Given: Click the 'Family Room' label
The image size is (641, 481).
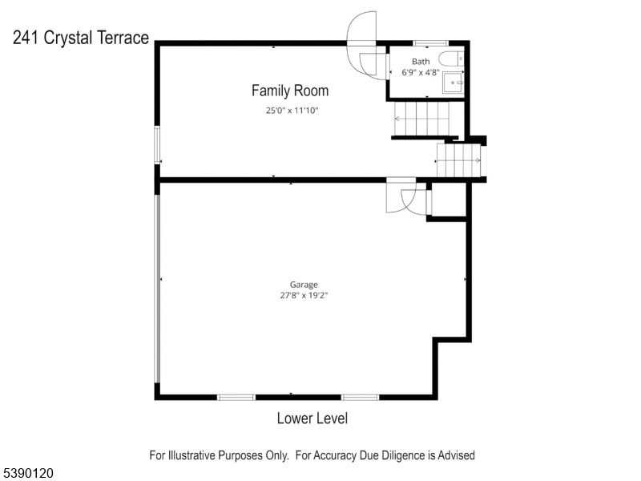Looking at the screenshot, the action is click(x=290, y=91).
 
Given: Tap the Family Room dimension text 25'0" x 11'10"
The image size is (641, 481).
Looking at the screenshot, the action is click(x=292, y=111).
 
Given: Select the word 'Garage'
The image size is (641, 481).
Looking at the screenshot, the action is click(x=304, y=285).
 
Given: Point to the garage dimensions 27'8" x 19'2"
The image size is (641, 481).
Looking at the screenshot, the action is click(x=304, y=295).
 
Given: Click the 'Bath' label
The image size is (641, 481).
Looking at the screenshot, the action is click(x=421, y=62).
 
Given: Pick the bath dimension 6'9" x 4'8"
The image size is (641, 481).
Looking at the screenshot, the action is click(x=421, y=73).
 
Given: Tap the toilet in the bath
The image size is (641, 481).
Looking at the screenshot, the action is click(x=451, y=59).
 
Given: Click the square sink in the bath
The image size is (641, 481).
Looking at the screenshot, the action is click(x=454, y=83).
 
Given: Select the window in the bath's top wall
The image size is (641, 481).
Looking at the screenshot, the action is click(x=430, y=43).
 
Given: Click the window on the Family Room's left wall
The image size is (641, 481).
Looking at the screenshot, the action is click(x=157, y=145).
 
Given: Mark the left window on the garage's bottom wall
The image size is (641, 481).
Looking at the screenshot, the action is click(x=236, y=397).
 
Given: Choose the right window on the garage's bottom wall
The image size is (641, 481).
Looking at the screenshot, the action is click(x=360, y=397).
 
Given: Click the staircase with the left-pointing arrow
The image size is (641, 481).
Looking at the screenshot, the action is click(x=421, y=119).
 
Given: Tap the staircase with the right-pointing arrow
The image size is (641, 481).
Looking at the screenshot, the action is click(x=458, y=160).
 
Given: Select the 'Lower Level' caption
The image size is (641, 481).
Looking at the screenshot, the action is click(x=312, y=418).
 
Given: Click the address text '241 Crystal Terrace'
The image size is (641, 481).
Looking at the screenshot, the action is click(x=81, y=38).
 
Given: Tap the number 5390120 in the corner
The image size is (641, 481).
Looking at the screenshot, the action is click(x=27, y=473).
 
